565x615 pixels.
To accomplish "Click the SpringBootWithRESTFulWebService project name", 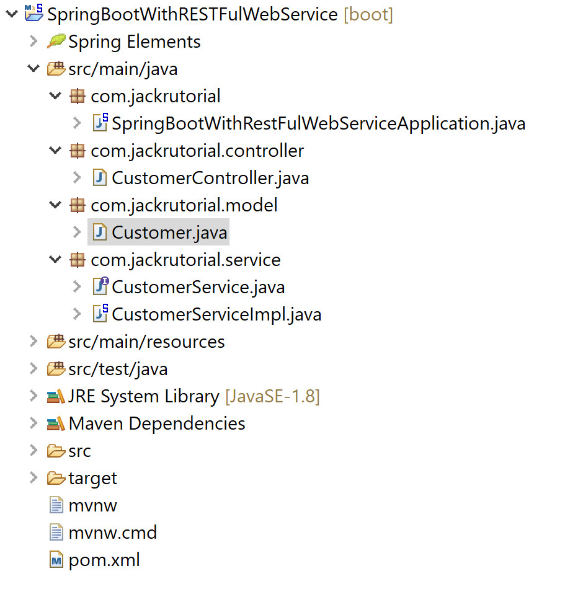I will pyautogui.click(x=193, y=14).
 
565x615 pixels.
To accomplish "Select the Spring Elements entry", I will pyautogui.click(x=134, y=42).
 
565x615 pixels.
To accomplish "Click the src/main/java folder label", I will pyautogui.click(x=123, y=69).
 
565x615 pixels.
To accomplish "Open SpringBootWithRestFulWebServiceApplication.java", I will pyautogui.click(x=318, y=123).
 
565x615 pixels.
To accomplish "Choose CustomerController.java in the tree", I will pyautogui.click(x=210, y=178).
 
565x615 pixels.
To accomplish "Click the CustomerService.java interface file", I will pyautogui.click(x=198, y=287).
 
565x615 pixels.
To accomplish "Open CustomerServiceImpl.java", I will pyautogui.click(x=216, y=314).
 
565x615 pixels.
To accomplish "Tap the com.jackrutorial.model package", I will pyautogui.click(x=184, y=205).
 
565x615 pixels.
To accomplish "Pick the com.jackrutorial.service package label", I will pyautogui.click(x=185, y=260).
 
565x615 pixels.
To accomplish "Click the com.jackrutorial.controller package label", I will pyautogui.click(x=197, y=151).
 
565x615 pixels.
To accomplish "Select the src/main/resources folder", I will pyautogui.click(x=146, y=342).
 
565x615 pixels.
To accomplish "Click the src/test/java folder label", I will pyautogui.click(x=118, y=369).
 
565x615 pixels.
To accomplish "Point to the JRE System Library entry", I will pyautogui.click(x=143, y=396).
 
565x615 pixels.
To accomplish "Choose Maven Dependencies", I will pyautogui.click(x=157, y=423).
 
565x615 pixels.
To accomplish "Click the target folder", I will pyautogui.click(x=92, y=478).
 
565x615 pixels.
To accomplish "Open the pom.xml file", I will pyautogui.click(x=104, y=560).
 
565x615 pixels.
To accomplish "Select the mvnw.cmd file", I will pyautogui.click(x=112, y=533).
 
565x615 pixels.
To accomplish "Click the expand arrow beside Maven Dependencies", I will pyautogui.click(x=33, y=423).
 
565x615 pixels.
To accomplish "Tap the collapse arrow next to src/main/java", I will pyautogui.click(x=33, y=69).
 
